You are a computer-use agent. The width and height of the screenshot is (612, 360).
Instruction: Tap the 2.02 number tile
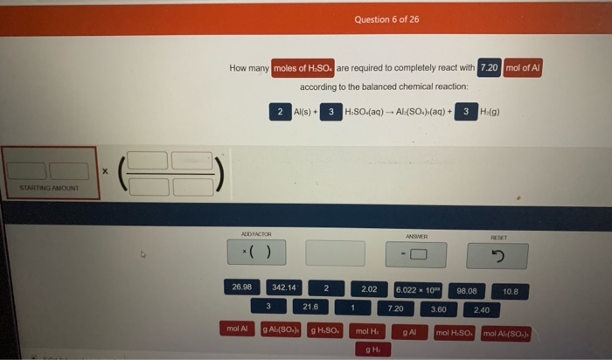pyautogui.click(x=368, y=288)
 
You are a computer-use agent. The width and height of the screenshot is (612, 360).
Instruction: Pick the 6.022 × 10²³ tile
pyautogui.click(x=419, y=289)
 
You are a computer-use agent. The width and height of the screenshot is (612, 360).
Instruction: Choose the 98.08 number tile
pyautogui.click(x=466, y=290)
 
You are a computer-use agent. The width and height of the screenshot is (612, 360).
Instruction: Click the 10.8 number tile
pyautogui.click(x=510, y=290)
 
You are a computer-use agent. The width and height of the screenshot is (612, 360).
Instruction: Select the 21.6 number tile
pyautogui.click(x=310, y=307)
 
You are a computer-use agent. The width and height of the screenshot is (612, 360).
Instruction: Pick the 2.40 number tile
pyautogui.click(x=482, y=309)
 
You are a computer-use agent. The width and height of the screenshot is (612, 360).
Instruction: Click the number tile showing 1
pyautogui.click(x=351, y=308)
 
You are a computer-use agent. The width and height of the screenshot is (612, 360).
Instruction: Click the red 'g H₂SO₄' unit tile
pyautogui.click(x=323, y=330)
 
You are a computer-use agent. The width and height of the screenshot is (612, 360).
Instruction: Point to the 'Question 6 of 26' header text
pyautogui.click(x=387, y=18)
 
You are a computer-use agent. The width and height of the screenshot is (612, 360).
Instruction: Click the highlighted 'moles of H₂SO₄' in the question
pyautogui.click(x=303, y=67)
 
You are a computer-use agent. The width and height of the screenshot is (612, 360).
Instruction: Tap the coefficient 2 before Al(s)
pyautogui.click(x=279, y=112)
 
